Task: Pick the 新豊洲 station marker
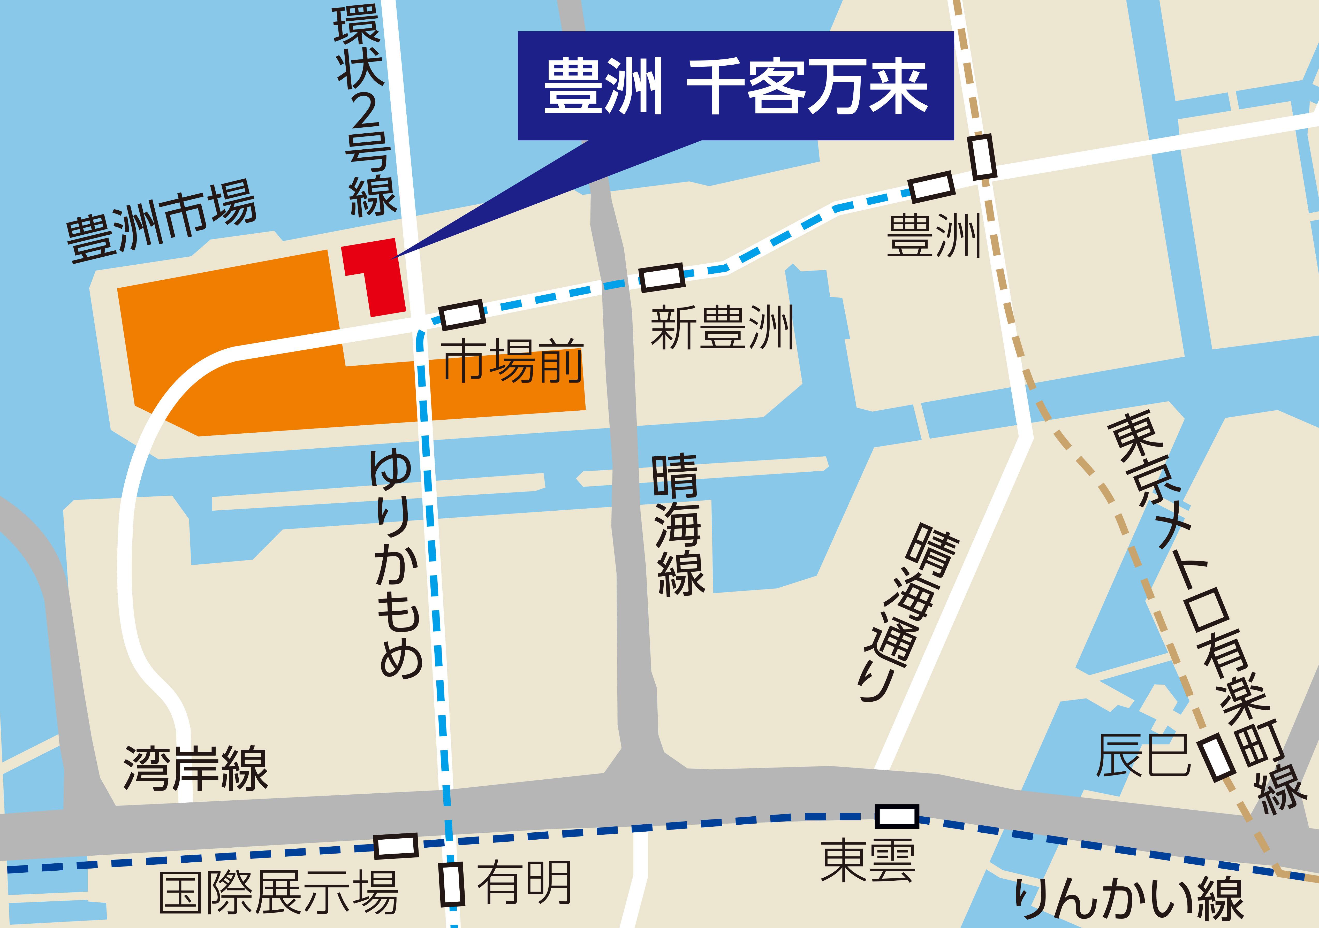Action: point(662,277)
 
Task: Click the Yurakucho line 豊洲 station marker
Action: point(983,156)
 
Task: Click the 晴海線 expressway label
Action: point(678,525)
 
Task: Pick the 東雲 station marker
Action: point(897,816)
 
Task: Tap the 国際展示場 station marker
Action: point(396,846)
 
